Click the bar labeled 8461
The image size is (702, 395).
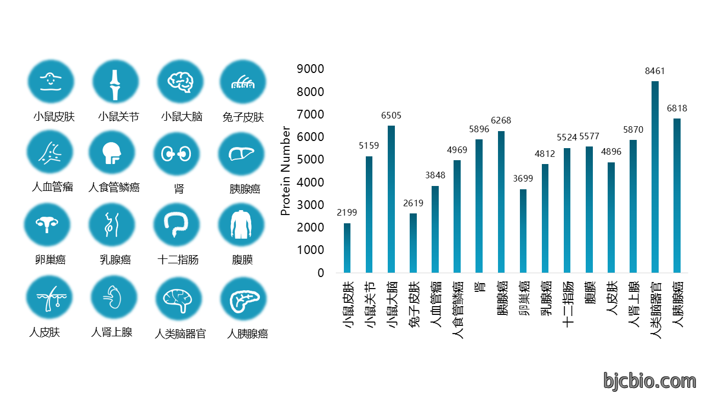tap(655, 177)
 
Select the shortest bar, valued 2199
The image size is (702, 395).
tap(347, 248)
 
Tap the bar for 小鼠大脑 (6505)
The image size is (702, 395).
tap(391, 199)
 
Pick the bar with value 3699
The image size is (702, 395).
tap(523, 231)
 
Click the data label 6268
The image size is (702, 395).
tap(501, 120)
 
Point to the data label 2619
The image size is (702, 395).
tap(413, 203)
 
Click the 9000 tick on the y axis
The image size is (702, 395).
tap(310, 69)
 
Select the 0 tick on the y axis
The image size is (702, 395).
tap(321, 273)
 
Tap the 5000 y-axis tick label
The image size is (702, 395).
tap(310, 160)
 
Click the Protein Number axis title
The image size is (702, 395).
tap(285, 171)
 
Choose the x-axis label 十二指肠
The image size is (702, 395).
tap(568, 304)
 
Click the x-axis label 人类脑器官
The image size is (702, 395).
tap(655, 310)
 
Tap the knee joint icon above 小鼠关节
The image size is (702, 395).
tap(115, 85)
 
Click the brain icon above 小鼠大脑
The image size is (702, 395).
tap(180, 82)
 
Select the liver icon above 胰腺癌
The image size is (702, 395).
tap(241, 154)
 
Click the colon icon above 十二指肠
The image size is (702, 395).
tap(176, 224)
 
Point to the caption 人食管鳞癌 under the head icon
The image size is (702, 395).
tap(114, 188)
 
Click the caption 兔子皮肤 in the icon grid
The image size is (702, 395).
tap(243, 117)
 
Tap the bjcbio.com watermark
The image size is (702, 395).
tap(650, 381)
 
